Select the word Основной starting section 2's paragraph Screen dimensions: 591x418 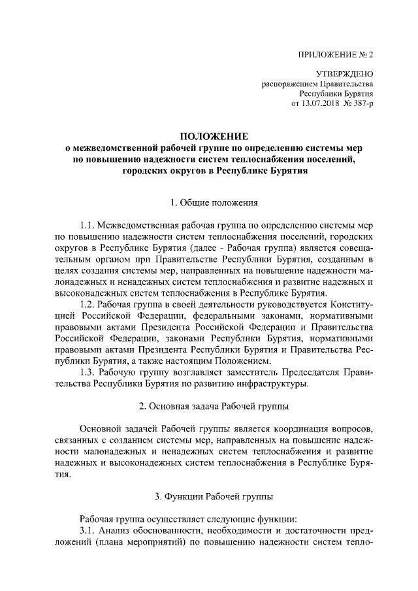point(101,429)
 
